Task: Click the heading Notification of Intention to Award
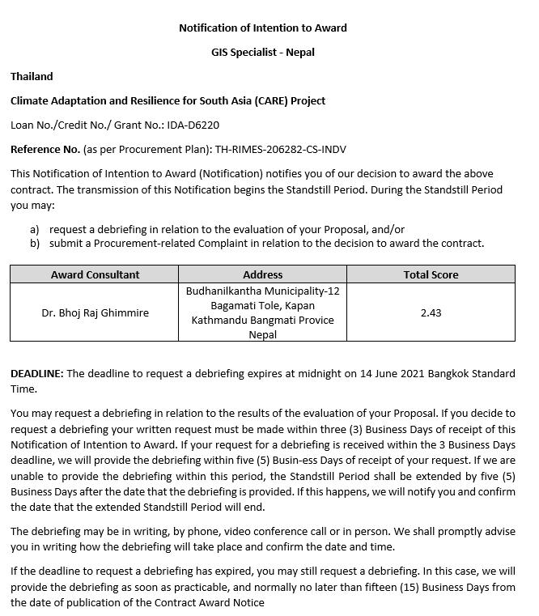(262, 28)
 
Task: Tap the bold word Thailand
(32, 76)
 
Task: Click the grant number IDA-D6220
(193, 125)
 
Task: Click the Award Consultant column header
(95, 274)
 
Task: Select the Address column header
(262, 274)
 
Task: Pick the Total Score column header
(431, 274)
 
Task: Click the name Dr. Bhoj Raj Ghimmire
(95, 312)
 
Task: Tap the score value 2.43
(431, 312)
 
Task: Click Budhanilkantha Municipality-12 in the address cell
(262, 291)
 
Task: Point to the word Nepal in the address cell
(262, 334)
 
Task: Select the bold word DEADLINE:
(36, 373)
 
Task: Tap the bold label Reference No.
(45, 149)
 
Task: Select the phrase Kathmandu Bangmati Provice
(262, 320)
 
